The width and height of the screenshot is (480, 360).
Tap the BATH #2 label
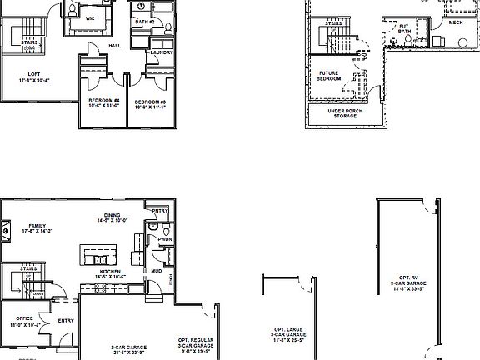point(146,22)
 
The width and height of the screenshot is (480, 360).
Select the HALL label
point(115,46)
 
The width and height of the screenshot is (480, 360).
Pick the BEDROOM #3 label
point(151,103)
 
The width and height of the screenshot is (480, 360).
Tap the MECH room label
point(455,22)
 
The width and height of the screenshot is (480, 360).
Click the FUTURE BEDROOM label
point(329,76)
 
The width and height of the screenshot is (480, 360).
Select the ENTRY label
point(66,320)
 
